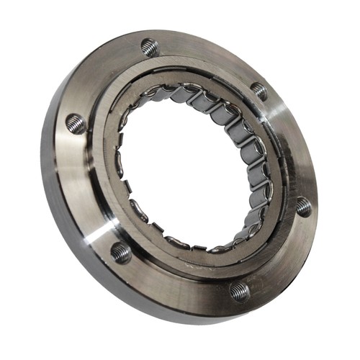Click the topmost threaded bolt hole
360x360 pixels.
pyautogui.click(x=150, y=48)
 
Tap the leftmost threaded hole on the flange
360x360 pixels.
pyautogui.click(x=75, y=124)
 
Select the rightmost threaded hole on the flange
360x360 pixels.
pyautogui.click(x=303, y=206)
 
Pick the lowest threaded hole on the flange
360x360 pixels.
pyautogui.click(x=240, y=291)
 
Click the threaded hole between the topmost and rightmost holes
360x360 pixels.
pyautogui.click(x=258, y=91)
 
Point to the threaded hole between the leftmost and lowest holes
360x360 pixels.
pyautogui.click(x=121, y=252)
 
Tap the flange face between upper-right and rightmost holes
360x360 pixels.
pyautogui.click(x=292, y=144)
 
